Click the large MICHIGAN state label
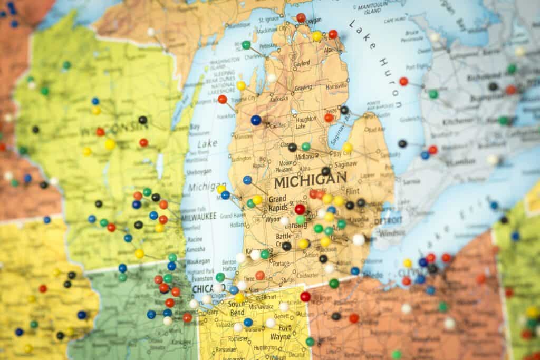pyautogui.click(x=310, y=180)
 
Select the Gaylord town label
pyautogui.click(x=302, y=63)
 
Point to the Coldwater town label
pyautogui.click(x=308, y=275)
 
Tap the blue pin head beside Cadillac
pyautogui.click(x=256, y=120)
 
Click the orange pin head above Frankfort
pyautogui.click(x=223, y=99)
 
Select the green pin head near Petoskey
pyautogui.click(x=246, y=45)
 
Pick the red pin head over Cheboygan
pyautogui.click(x=301, y=17)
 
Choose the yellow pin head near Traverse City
pyautogui.click(x=241, y=85)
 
